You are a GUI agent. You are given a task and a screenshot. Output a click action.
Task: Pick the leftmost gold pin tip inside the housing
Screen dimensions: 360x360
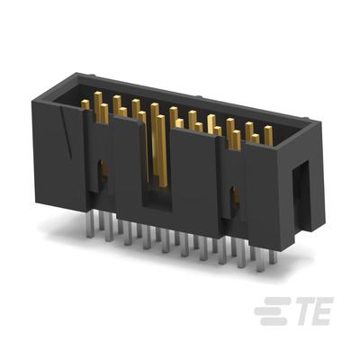pos(85,105)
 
